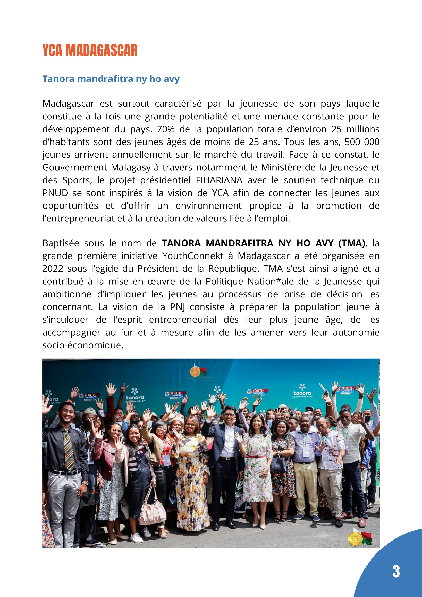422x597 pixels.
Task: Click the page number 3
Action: point(396,571)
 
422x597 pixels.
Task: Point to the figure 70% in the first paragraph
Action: point(166,129)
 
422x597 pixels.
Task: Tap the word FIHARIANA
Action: point(219,180)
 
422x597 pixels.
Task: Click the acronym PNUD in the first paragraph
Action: point(55,193)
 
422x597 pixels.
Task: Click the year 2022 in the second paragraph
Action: point(53,269)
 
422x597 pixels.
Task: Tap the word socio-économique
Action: point(83,346)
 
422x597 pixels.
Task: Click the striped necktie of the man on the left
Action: point(69,449)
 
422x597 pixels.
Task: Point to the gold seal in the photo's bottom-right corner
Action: point(355,539)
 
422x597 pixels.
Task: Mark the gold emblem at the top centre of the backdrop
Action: point(195,370)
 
